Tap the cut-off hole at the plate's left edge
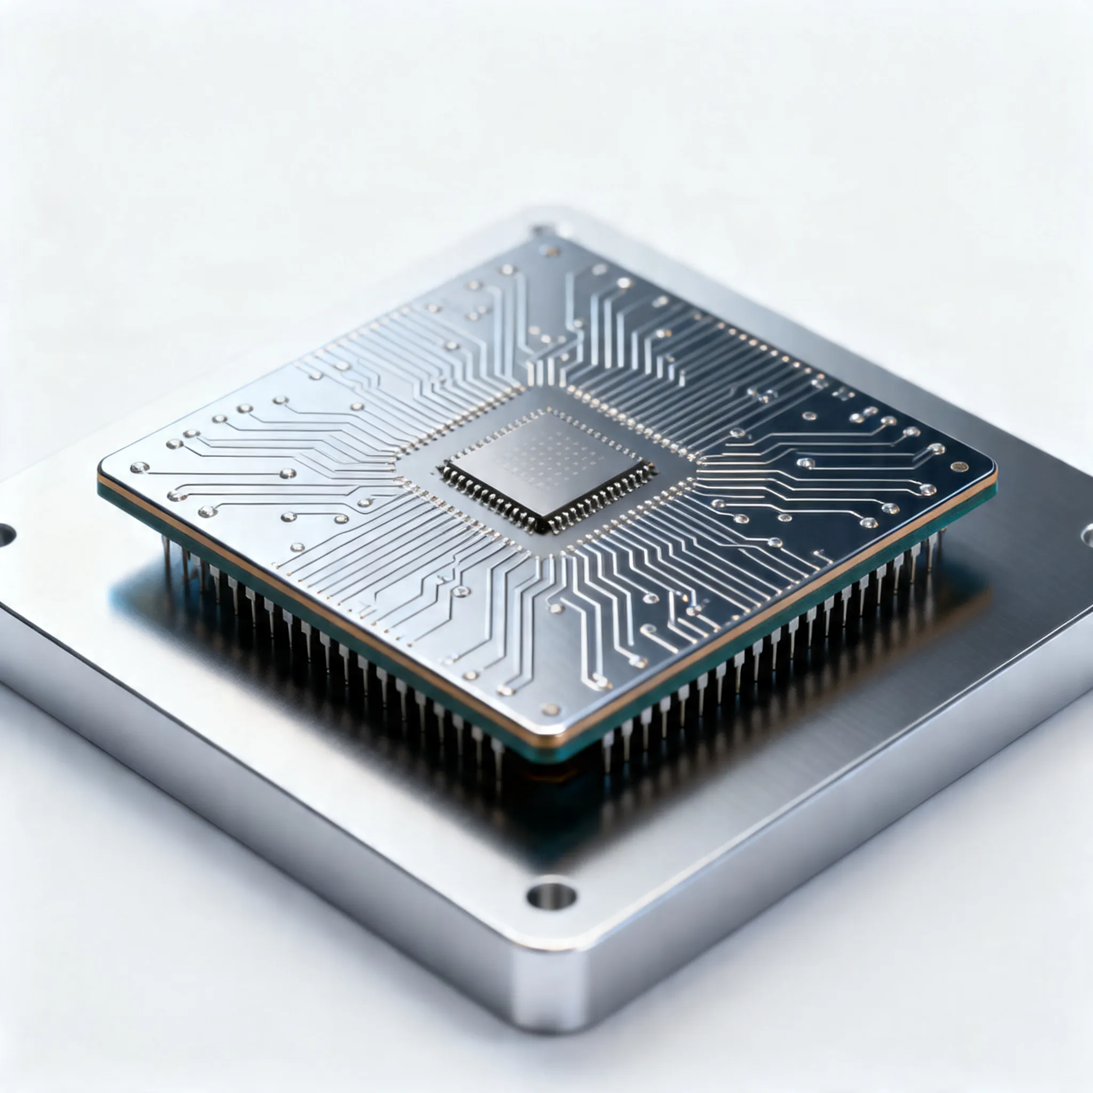click(6, 535)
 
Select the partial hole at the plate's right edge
click(1087, 535)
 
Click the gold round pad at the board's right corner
click(959, 467)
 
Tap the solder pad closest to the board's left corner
click(139, 468)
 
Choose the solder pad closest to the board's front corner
click(549, 709)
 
